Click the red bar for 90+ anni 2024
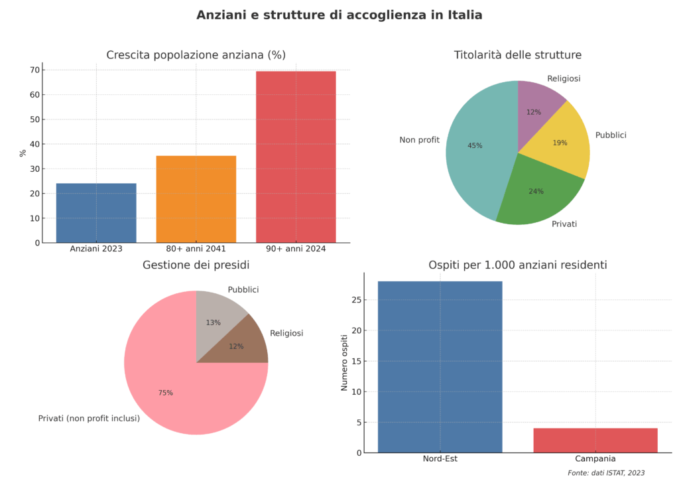(x=296, y=157)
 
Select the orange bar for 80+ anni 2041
(x=196, y=199)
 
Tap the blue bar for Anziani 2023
(x=96, y=212)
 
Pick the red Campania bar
(x=595, y=440)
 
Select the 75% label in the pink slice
(x=165, y=393)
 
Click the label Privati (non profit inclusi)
(x=89, y=419)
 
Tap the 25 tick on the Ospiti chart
(x=356, y=300)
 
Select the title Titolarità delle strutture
(x=517, y=55)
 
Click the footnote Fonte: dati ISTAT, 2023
(x=606, y=473)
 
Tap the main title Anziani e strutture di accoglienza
(x=339, y=15)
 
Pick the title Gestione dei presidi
(x=196, y=265)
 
